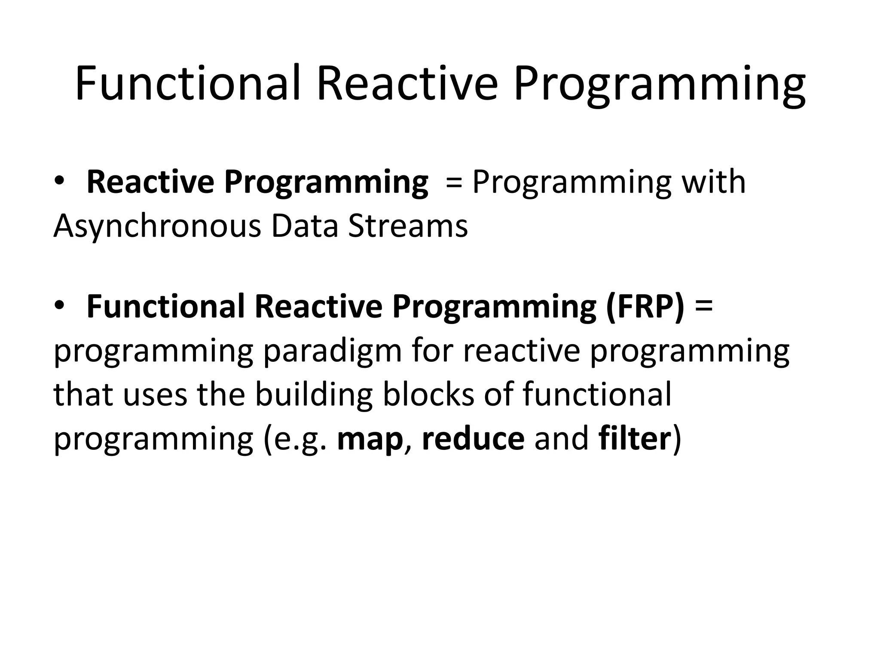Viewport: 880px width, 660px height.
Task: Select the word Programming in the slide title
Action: coord(659,86)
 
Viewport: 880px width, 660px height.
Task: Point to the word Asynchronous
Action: coord(157,227)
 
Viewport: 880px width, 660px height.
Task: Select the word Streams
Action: coord(408,226)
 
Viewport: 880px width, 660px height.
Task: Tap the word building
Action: coord(314,395)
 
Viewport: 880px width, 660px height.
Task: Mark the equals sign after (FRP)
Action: coord(703,306)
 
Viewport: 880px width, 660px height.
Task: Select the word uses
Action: coord(156,395)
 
